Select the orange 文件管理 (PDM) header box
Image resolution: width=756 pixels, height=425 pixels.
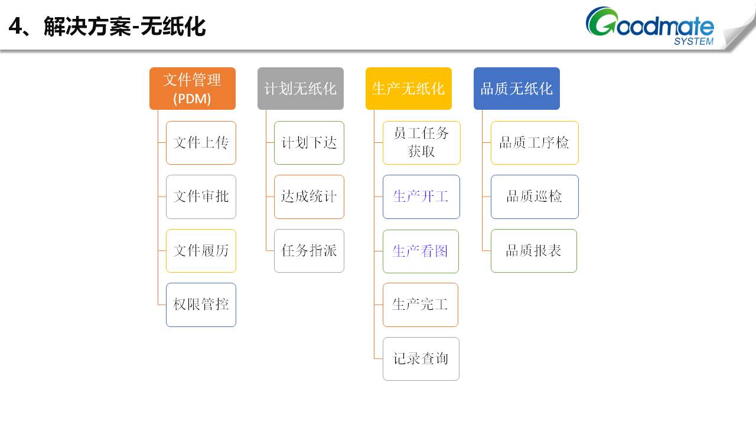pos(193,89)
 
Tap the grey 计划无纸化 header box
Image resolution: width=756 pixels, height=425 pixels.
pos(301,89)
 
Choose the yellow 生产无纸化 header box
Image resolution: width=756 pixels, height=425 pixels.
pos(409,89)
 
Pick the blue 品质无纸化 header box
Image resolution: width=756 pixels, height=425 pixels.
pos(517,89)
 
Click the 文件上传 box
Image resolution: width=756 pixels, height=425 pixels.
pos(201,143)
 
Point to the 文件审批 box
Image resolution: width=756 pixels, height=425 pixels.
pos(201,197)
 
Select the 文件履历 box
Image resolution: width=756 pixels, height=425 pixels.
pos(201,251)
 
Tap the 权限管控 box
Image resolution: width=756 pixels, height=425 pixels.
pos(201,305)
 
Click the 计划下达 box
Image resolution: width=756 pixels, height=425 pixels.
pos(309,143)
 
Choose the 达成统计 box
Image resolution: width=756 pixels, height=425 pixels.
pos(309,197)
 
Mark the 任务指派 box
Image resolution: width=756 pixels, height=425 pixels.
pos(309,251)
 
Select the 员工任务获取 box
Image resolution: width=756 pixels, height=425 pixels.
pos(421,143)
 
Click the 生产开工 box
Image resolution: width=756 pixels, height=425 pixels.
pos(421,197)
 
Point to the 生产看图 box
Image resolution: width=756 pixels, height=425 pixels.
pos(421,251)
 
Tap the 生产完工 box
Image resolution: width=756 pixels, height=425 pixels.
pos(421,305)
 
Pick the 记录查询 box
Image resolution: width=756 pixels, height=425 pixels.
pos(421,359)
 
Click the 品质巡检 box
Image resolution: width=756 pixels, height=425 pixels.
pos(535,197)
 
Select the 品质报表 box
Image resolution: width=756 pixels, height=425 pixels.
pos(534,251)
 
